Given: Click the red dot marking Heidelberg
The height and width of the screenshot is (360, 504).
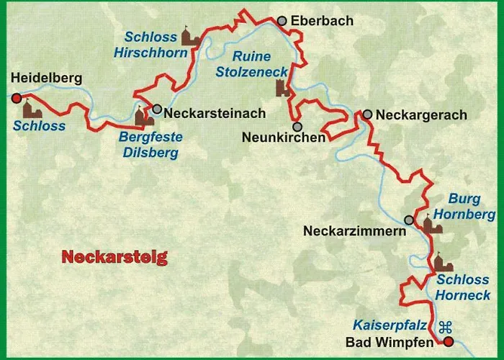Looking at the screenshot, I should (x=17, y=98).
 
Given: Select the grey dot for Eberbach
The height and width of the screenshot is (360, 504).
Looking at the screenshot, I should (x=282, y=21).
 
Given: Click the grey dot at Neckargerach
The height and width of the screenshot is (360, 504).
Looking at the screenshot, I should (x=368, y=114).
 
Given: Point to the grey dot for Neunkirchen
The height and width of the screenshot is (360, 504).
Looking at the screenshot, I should (x=297, y=126).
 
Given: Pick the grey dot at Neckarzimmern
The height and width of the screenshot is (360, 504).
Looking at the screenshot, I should (x=409, y=220).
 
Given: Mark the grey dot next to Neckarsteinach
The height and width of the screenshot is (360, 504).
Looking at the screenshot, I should (x=157, y=109).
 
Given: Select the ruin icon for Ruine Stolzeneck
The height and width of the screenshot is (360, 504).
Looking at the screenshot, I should (x=282, y=89).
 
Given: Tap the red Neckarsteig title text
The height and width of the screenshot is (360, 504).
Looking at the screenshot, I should (x=114, y=256).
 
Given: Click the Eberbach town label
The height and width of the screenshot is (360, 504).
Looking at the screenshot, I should (x=322, y=22).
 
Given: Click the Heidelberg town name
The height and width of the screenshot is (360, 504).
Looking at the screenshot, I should (x=48, y=78).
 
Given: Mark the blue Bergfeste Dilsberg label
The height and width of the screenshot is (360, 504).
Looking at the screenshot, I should (x=151, y=144).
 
